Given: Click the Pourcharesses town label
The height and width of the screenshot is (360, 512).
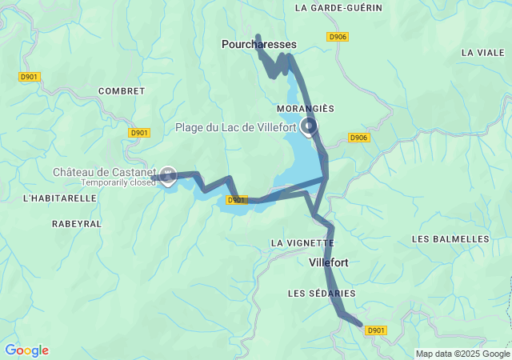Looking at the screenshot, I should point(258,46).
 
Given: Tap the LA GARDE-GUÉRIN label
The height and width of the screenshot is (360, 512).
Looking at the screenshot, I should point(338,8).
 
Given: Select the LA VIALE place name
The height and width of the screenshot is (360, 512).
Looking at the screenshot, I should point(483,52).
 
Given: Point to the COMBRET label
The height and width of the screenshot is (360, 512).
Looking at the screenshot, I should point(122,91).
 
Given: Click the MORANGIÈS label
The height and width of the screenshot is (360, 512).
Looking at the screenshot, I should point(305,108).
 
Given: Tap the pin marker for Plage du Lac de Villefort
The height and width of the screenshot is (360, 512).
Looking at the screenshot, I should point(308,126).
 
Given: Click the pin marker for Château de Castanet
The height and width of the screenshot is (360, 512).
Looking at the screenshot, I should point(168,174).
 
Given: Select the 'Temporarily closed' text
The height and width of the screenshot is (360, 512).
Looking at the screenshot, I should point(118,182).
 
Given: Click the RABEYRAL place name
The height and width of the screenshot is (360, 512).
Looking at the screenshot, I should point(77,224).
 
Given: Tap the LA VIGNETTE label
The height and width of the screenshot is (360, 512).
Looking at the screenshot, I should point(302,242).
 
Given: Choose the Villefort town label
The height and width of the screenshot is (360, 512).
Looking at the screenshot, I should point(328,262).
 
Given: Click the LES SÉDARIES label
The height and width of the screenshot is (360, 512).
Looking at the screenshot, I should point(321,294).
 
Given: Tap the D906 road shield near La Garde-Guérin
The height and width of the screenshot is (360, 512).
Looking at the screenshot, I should point(338,37).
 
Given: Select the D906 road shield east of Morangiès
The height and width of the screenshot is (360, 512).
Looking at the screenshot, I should point(359,138).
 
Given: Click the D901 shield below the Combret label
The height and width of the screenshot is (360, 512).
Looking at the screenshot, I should point(139,133).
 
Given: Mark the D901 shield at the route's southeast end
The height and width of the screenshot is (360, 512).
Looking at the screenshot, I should point(376,330).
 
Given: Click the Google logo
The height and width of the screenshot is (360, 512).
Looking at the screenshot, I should point(26,350).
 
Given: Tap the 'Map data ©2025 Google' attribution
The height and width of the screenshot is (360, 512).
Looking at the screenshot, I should point(462,354).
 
